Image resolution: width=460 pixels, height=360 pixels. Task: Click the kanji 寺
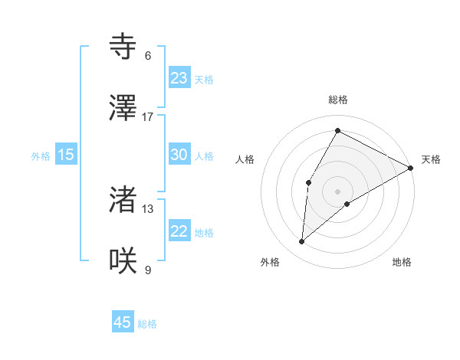[x=123, y=47]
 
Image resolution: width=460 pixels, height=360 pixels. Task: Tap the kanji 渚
[x=123, y=200]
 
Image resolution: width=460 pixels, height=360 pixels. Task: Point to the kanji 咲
[x=123, y=260]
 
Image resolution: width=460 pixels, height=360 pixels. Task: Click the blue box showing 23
[x=179, y=78]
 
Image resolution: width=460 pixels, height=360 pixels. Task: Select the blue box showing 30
[x=179, y=155]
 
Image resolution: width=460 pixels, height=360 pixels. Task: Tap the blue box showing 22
[x=179, y=232]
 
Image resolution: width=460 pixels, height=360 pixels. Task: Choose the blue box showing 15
[x=66, y=155]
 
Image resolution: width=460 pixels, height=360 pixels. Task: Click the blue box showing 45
[x=123, y=322]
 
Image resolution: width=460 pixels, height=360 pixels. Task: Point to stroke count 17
[x=148, y=116]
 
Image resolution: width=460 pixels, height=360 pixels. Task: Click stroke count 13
[x=148, y=208]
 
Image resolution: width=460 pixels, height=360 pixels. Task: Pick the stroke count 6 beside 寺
[x=148, y=56]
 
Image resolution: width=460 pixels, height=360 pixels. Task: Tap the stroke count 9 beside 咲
[x=148, y=270]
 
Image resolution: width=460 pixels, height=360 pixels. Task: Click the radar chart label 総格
[x=338, y=100]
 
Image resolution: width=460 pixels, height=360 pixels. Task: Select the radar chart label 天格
[x=431, y=159]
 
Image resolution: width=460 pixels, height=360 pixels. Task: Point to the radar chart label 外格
[x=270, y=262]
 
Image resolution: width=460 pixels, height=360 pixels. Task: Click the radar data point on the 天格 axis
[x=411, y=168]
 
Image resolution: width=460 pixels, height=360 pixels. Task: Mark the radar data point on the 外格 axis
[x=302, y=242]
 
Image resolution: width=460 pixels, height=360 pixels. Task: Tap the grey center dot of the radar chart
[x=338, y=191]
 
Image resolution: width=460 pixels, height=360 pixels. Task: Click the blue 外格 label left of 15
[x=41, y=155]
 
